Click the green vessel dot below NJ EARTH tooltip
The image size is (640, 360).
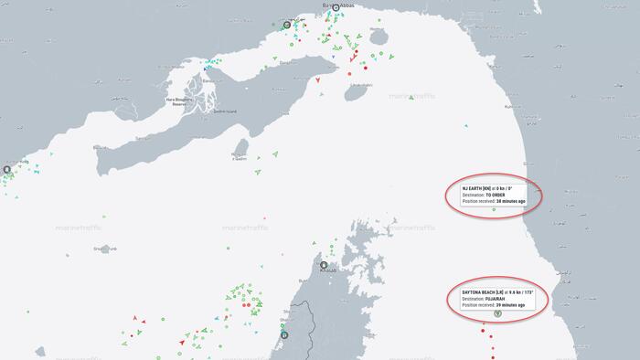coord(494,210)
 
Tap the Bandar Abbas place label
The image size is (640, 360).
coord(338,5)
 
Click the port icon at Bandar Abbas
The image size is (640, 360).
coord(336,8)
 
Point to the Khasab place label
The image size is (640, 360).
coord(327,271)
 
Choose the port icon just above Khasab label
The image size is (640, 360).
coord(323,266)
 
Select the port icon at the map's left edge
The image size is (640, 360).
coord(6,169)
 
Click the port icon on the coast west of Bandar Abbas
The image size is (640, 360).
coord(287,26)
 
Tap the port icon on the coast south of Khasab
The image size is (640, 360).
coord(285,334)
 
